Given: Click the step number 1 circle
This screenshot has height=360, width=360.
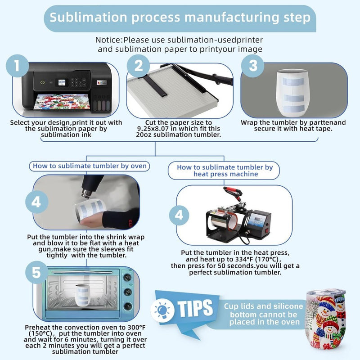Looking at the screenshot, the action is (x=17, y=66).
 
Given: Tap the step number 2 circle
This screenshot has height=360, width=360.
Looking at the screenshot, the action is (x=138, y=66).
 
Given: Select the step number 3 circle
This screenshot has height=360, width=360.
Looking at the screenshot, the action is (x=253, y=66).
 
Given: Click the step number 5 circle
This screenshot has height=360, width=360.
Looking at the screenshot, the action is (x=36, y=272).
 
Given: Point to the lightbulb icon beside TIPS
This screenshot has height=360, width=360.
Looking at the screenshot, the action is (x=162, y=310).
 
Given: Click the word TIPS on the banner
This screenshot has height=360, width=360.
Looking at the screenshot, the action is (x=195, y=308).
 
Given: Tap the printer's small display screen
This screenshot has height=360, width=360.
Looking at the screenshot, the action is (x=62, y=82).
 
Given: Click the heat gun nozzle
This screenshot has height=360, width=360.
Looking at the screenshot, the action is (x=86, y=193).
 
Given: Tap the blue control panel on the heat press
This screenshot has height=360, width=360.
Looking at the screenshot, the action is (x=256, y=220).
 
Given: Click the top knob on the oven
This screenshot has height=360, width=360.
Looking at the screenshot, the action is (x=127, y=278).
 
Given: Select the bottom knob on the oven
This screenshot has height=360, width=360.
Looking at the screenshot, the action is (x=128, y=306).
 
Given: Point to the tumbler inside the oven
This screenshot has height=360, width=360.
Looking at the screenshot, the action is (x=83, y=295).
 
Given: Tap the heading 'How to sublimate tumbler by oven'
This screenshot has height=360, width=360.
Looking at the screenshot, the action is (x=90, y=166).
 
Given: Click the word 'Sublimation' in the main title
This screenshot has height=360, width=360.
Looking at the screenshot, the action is (x=88, y=18).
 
